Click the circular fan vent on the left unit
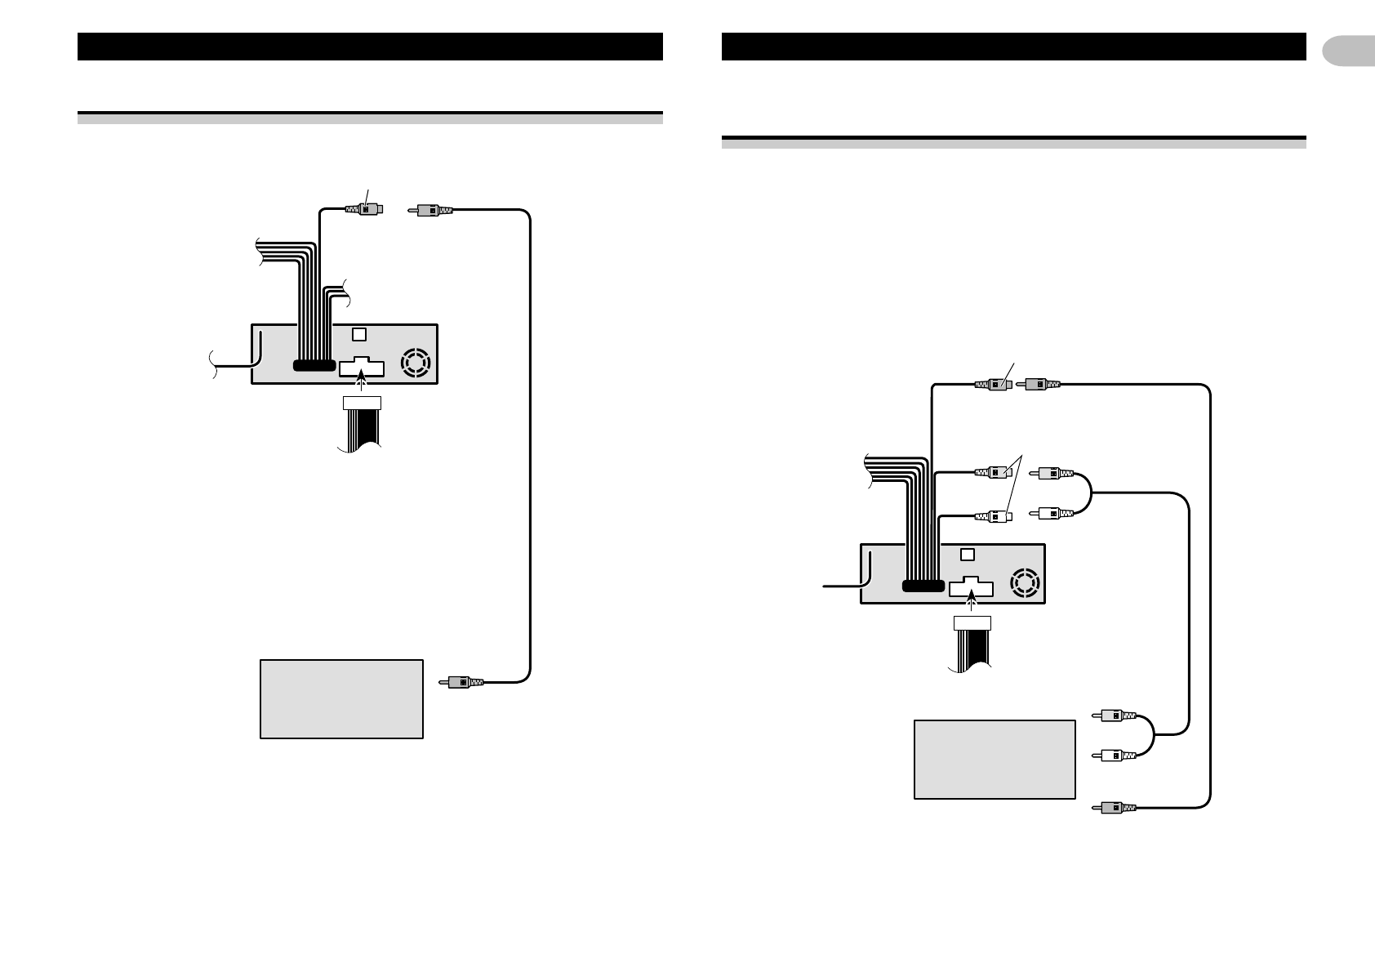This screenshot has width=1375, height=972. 416,363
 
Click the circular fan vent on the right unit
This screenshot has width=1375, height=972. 1025,582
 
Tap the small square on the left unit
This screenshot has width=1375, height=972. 359,334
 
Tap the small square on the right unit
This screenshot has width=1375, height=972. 968,554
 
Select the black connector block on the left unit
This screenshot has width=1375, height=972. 313,365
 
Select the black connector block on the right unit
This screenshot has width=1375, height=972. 923,586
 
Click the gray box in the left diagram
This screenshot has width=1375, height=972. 341,698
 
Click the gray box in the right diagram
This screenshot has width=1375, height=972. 994,759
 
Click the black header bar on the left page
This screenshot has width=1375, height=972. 369,47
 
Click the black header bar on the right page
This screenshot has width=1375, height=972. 1013,47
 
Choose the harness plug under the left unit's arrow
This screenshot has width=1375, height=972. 362,402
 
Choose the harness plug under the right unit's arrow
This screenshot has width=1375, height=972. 972,623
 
